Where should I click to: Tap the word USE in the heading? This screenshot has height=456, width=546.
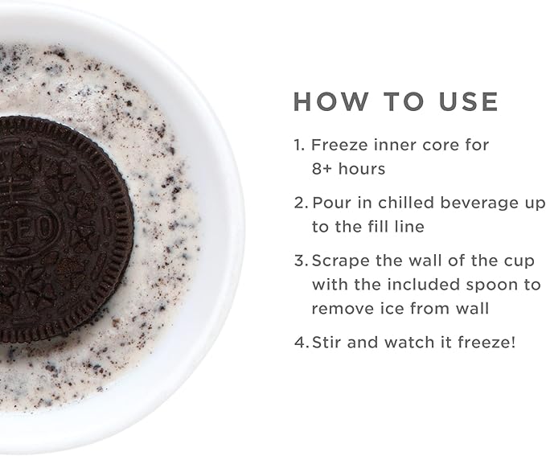(x=469, y=101)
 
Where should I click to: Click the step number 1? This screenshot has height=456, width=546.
(x=299, y=145)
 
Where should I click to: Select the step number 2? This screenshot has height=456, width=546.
(x=301, y=203)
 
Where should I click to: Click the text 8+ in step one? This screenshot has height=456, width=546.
(x=322, y=169)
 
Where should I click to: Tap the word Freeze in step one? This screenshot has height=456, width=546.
(x=339, y=145)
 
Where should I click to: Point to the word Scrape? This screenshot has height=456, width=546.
(x=341, y=261)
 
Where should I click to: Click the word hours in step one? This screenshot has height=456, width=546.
(x=362, y=169)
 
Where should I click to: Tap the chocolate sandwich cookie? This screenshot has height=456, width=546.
(x=66, y=228)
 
